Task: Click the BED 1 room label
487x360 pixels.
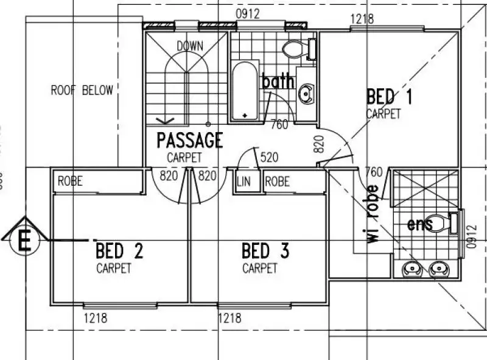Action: click(x=390, y=97)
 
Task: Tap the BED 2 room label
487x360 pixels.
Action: click(x=119, y=250)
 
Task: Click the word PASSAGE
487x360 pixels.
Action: click(x=189, y=141)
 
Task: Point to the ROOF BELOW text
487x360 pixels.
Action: click(x=82, y=91)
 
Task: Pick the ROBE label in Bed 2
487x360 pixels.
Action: click(x=70, y=182)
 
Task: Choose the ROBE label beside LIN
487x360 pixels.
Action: click(x=278, y=182)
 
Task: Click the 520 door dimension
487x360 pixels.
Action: click(x=268, y=158)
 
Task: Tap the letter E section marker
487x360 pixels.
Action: click(x=25, y=240)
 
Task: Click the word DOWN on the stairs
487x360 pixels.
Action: click(x=189, y=46)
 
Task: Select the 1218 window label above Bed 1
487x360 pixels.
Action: click(x=362, y=19)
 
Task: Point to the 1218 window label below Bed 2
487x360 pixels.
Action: click(x=96, y=317)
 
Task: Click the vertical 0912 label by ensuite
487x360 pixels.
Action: click(x=469, y=236)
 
